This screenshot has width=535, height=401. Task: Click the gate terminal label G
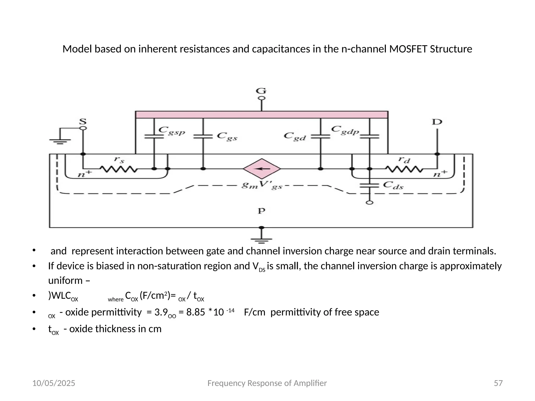pyautogui.click(x=261, y=91)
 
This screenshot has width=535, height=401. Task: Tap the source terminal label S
pyautogui.click(x=83, y=122)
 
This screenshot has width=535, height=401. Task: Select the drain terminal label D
pyautogui.click(x=437, y=122)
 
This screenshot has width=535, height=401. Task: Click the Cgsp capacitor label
pyautogui.click(x=172, y=131)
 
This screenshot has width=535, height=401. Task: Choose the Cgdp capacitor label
pyautogui.click(x=345, y=130)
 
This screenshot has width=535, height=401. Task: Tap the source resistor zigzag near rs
pyautogui.click(x=118, y=169)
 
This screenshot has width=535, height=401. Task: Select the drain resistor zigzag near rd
pyautogui.click(x=404, y=169)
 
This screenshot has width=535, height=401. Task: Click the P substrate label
pyautogui.click(x=261, y=211)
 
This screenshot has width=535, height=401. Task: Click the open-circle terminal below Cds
pyautogui.click(x=369, y=203)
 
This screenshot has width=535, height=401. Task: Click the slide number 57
pyautogui.click(x=498, y=383)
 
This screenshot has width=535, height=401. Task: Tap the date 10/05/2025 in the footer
pyautogui.click(x=54, y=383)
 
